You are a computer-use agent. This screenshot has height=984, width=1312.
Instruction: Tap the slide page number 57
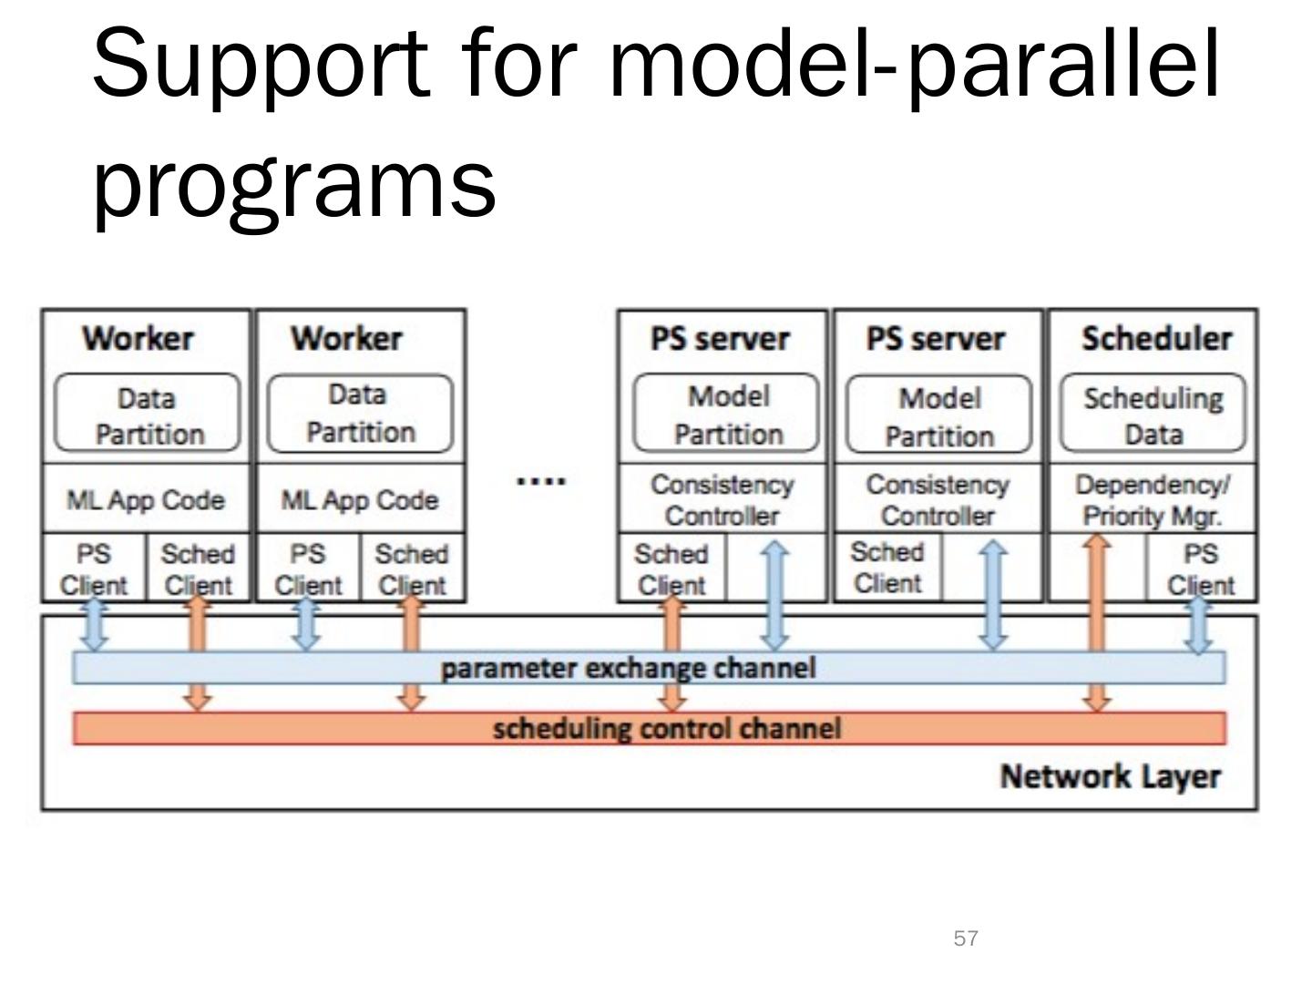point(966,938)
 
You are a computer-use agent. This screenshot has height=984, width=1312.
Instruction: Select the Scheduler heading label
point(1156,338)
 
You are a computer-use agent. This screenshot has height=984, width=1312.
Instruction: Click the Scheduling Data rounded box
point(1153,413)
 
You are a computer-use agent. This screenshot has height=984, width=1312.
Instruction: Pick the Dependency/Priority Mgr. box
point(1153,498)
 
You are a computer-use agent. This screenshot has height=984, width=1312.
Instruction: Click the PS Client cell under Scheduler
point(1202,568)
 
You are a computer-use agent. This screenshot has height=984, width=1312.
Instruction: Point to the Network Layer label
point(1111,776)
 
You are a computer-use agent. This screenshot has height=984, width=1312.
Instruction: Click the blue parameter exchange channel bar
point(649,668)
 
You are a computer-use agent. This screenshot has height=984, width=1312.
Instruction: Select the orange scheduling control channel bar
point(649,728)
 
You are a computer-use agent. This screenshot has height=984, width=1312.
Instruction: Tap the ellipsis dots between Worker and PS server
point(541,480)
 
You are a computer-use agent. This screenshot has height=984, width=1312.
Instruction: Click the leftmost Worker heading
point(138,338)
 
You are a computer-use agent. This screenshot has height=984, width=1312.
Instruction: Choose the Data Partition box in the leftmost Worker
point(147,413)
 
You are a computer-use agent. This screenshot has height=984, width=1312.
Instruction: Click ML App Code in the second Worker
point(361,498)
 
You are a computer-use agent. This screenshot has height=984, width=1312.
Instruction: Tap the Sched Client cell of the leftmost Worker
point(198,568)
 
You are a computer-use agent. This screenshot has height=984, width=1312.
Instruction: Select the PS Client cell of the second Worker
point(309,568)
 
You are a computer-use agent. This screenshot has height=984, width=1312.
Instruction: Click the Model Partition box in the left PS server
point(725,413)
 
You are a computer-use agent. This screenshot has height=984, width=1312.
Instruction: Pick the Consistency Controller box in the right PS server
point(938,498)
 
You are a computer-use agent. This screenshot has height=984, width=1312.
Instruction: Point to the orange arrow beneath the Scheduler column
point(1097,622)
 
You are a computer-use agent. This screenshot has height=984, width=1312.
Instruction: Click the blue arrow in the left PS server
point(775,596)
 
